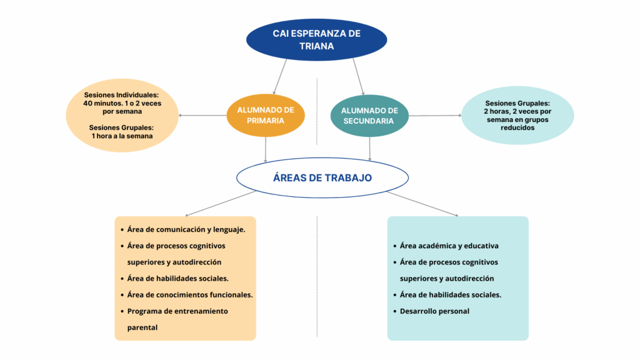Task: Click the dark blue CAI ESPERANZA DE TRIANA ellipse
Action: pyautogui.click(x=316, y=39)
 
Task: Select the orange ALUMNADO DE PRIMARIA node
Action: pyautogui.click(x=266, y=115)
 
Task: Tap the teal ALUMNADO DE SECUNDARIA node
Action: pyautogui.click(x=369, y=116)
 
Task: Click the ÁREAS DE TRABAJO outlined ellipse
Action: pyautogui.click(x=322, y=177)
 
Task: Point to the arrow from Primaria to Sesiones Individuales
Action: pyautogui.click(x=202, y=116)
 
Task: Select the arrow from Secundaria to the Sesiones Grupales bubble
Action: pyautogui.click(x=435, y=116)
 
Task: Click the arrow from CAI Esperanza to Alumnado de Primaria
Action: pyautogui.click(x=279, y=77)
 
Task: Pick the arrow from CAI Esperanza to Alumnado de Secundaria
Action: pyautogui.click(x=358, y=77)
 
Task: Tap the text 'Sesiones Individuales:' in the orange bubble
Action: pyautogui.click(x=122, y=95)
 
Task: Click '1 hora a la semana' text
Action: pyautogui.click(x=122, y=136)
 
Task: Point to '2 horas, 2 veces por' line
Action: pyautogui.click(x=517, y=111)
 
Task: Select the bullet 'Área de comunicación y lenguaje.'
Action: pyautogui.click(x=186, y=229)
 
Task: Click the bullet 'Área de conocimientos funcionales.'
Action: pyautogui.click(x=190, y=295)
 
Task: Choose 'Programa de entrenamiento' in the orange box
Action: pyautogui.click(x=177, y=311)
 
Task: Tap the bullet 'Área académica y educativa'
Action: pyautogui.click(x=449, y=246)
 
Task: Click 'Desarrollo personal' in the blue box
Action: pyautogui.click(x=434, y=311)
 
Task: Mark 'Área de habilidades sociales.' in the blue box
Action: pyautogui.click(x=450, y=295)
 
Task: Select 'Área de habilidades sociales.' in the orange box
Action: pyautogui.click(x=177, y=278)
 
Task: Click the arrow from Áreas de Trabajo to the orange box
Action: pyautogui.click(x=221, y=203)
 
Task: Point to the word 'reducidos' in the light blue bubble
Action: pyautogui.click(x=517, y=127)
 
